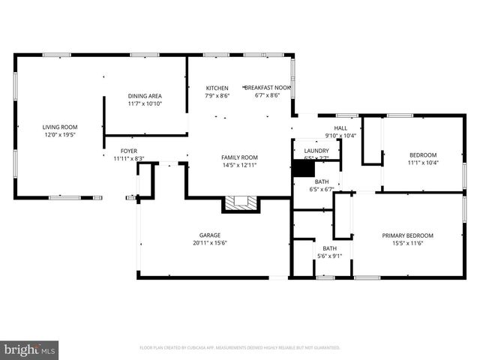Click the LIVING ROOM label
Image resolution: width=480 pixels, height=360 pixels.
pyautogui.click(x=60, y=127)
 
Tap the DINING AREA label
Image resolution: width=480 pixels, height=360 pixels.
pyautogui.click(x=145, y=96)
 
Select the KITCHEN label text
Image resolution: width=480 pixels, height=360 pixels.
pyautogui.click(x=217, y=88)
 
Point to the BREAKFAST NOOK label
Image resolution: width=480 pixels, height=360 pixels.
pyautogui.click(x=267, y=88)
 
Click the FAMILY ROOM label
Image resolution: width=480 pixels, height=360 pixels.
pyautogui.click(x=239, y=157)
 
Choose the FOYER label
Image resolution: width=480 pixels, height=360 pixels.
pyautogui.click(x=129, y=151)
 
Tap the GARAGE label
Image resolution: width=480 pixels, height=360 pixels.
pyautogui.click(x=209, y=235)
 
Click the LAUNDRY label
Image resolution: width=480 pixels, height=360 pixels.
pyautogui.click(x=316, y=151)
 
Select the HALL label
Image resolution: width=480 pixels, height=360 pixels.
pyautogui.click(x=340, y=128)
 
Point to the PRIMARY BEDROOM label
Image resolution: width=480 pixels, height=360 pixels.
pyautogui.click(x=407, y=235)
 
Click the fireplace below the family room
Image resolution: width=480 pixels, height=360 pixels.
pyautogui.click(x=239, y=202)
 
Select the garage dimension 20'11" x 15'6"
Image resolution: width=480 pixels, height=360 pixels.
pyautogui.click(x=209, y=242)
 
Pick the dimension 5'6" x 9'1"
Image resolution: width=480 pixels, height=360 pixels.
pyautogui.click(x=330, y=256)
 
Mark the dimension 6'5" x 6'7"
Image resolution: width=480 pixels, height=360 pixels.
pyautogui.click(x=321, y=189)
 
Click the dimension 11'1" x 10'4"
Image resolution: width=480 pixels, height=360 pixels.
pyautogui.click(x=423, y=162)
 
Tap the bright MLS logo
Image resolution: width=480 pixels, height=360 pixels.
pyautogui.click(x=30, y=349)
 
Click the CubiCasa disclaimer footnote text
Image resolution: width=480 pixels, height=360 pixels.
pyautogui.click(x=240, y=348)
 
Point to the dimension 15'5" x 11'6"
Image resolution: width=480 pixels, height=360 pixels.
pyautogui.click(x=407, y=242)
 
